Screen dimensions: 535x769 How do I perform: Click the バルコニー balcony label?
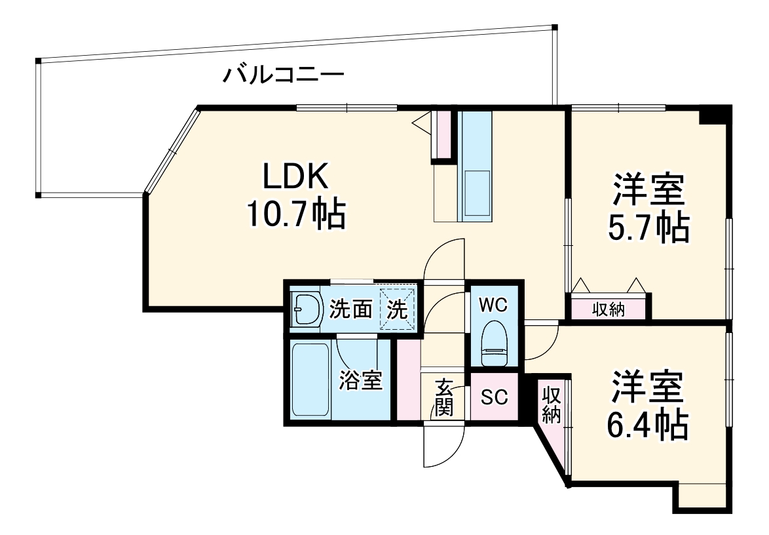pos(283,75)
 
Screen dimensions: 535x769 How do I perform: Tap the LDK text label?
pos(295,177)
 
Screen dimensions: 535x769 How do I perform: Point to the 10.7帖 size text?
pos(295,214)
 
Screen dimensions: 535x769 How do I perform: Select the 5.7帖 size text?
pos(648,228)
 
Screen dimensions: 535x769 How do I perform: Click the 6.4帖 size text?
pos(648,424)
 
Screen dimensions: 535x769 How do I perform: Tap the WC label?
pos(493,304)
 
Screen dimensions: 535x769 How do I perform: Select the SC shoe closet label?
pos(494,397)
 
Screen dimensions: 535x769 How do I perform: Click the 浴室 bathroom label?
pos(361,380)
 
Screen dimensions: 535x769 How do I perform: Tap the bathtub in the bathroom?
pos(310,380)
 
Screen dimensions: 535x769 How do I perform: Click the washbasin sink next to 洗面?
pos(305,307)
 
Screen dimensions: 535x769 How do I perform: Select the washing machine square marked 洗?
pos(398,307)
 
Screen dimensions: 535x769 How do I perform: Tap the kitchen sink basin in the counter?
pos(476,193)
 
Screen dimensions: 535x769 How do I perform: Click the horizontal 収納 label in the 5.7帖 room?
pos(609,309)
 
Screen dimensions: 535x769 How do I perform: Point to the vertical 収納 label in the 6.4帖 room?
pos(551,405)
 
